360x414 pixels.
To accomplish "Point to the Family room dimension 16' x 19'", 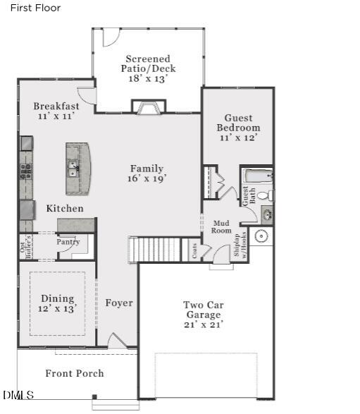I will coord(147,179).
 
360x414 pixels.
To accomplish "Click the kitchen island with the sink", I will coord(78,169).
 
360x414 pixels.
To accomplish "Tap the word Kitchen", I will coord(65,209).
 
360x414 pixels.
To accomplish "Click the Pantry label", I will coord(68,242).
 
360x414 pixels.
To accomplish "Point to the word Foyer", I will coord(119,303).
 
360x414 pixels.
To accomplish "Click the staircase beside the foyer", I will coord(158,249).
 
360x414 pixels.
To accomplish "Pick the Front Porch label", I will coord(74,373).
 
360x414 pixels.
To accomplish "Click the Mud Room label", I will coord(222,226).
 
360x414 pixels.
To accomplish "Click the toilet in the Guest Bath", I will coord(264,195).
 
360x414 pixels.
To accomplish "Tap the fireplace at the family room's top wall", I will coord(148,107).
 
